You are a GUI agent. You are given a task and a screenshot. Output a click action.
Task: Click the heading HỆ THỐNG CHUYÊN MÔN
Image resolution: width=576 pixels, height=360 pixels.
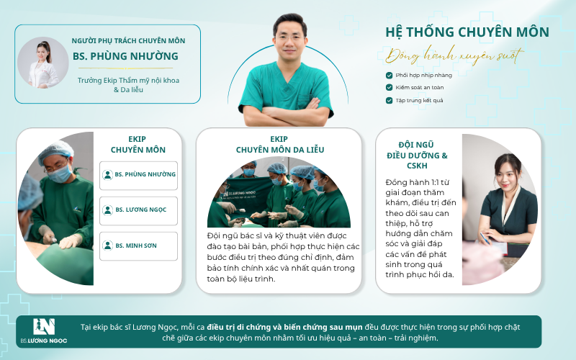click(467, 32)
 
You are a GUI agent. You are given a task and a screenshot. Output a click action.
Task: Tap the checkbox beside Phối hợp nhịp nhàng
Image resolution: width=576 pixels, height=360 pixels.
click(389, 76)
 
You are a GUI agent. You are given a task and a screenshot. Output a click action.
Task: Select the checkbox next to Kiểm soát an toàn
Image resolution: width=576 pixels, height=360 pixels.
click(389, 87)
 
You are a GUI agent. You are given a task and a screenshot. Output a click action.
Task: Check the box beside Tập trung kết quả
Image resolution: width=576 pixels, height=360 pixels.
click(389, 100)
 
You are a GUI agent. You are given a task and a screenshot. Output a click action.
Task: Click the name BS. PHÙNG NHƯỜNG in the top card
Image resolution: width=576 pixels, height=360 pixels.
click(125, 56)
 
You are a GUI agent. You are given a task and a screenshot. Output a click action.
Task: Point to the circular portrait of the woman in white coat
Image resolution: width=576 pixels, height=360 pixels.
click(43, 63)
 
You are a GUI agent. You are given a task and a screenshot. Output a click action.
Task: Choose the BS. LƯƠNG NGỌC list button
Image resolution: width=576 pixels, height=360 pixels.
click(138, 211)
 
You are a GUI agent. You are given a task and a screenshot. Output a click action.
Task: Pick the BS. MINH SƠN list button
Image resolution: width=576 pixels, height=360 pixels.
click(138, 246)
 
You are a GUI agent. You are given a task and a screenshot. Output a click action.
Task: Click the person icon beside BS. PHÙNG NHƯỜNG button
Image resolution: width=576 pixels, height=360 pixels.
click(107, 174)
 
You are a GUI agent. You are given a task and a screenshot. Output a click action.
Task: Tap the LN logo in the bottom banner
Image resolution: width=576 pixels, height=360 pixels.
click(44, 327)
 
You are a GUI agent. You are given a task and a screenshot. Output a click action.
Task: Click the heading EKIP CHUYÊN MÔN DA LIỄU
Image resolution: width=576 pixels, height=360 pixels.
click(280, 145)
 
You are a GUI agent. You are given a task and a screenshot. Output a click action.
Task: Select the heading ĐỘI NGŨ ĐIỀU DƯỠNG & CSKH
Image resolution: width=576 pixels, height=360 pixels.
click(417, 155)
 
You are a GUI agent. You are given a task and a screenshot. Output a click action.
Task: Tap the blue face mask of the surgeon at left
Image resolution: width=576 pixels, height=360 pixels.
click(60, 174)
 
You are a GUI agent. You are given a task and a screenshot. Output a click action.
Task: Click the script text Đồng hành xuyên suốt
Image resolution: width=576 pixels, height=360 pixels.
click(454, 56)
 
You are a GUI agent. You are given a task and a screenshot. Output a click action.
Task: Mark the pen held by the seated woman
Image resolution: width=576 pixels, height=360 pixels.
click(485, 238)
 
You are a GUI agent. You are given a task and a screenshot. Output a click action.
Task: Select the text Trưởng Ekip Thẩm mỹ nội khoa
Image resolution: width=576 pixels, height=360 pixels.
click(128, 81)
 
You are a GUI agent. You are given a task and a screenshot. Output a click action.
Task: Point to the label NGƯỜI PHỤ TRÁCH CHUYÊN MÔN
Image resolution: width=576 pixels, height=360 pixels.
click(128, 41)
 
